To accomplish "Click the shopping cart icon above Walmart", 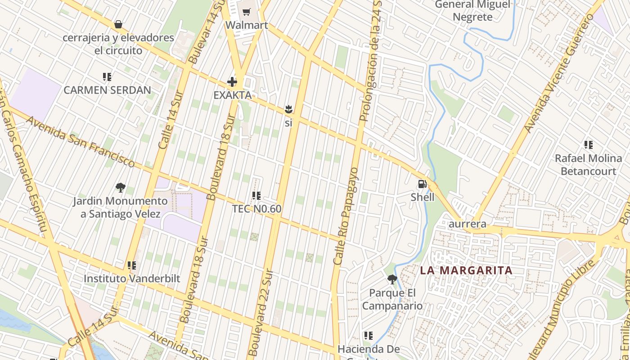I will (246, 12).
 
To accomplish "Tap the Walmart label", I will (247, 25).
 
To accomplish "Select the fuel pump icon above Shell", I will (422, 184).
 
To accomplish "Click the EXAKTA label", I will (232, 95).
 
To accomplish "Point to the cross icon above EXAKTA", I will (232, 82).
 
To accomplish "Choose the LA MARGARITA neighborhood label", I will (466, 270).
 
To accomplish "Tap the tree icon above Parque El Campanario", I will (392, 279).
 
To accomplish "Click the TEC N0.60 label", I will (256, 209).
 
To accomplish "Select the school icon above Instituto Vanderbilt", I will (131, 265).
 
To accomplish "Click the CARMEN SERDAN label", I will (107, 90).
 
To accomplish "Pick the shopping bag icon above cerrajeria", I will (118, 24).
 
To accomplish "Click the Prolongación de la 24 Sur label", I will (370, 61).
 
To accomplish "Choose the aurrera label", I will (468, 224).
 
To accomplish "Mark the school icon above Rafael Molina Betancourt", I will (588, 145).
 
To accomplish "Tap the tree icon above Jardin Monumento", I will (120, 187).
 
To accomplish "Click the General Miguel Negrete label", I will (472, 11).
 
